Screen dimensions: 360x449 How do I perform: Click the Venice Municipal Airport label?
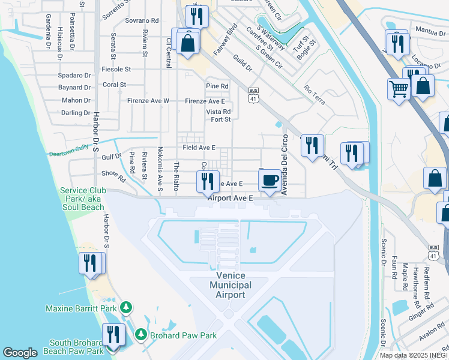231,285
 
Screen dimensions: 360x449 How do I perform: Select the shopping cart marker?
398,89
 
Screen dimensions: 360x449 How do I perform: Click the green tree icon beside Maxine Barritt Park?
125,308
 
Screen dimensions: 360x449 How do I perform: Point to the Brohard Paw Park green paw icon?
140,334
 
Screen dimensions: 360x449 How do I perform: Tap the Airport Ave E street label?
231,197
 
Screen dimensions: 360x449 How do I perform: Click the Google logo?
20,353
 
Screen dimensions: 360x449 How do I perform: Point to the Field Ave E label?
199,148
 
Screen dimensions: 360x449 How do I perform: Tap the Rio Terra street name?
315,95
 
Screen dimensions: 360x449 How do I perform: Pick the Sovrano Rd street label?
142,20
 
